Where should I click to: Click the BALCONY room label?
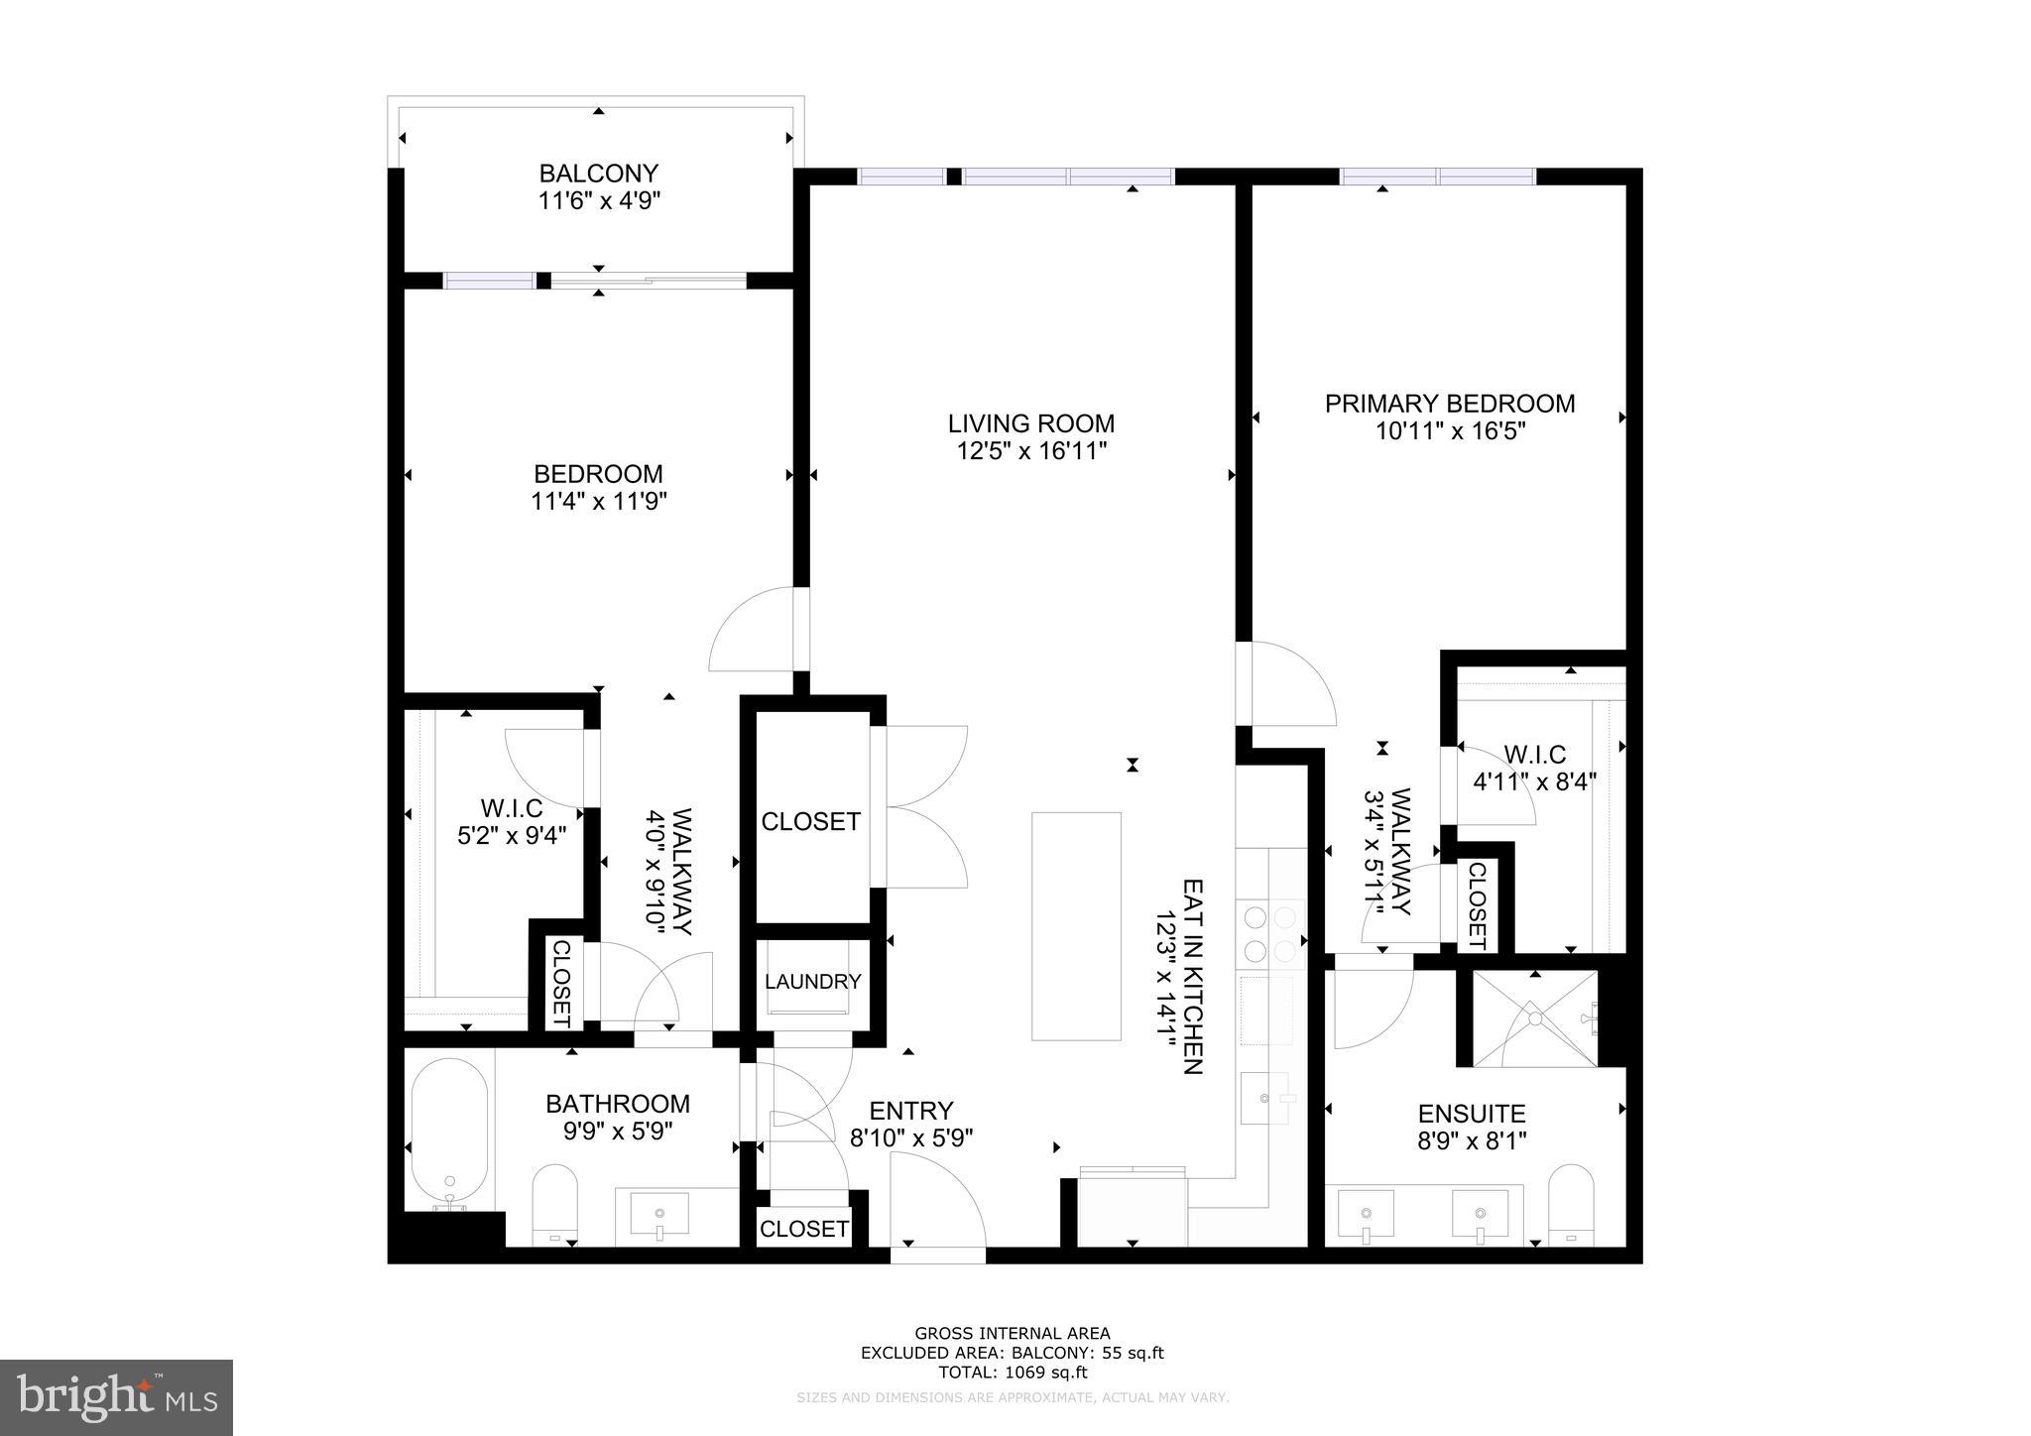coord(598,174)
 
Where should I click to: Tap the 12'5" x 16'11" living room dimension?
coord(1030,451)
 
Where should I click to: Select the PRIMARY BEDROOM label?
coord(1450,404)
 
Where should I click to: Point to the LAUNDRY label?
coord(813,982)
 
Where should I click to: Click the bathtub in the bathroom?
coord(449,1132)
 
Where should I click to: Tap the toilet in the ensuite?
coord(1571,1204)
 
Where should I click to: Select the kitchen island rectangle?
coord(1076,926)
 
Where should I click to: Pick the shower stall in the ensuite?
coord(1535,1018)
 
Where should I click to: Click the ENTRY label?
coord(911,1111)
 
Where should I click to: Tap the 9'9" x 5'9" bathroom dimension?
coord(618,1132)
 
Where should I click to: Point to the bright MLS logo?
coord(117,1397)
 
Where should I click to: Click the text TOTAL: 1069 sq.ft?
coord(1013,1373)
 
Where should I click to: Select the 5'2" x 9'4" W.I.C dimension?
coord(512,835)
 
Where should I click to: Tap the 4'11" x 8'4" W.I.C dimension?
coord(1534,781)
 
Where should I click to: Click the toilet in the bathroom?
coord(555,1204)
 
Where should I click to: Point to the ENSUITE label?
coord(1472,1114)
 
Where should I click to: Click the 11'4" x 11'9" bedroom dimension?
coord(598,502)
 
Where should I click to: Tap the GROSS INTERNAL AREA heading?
coord(1013,1334)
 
